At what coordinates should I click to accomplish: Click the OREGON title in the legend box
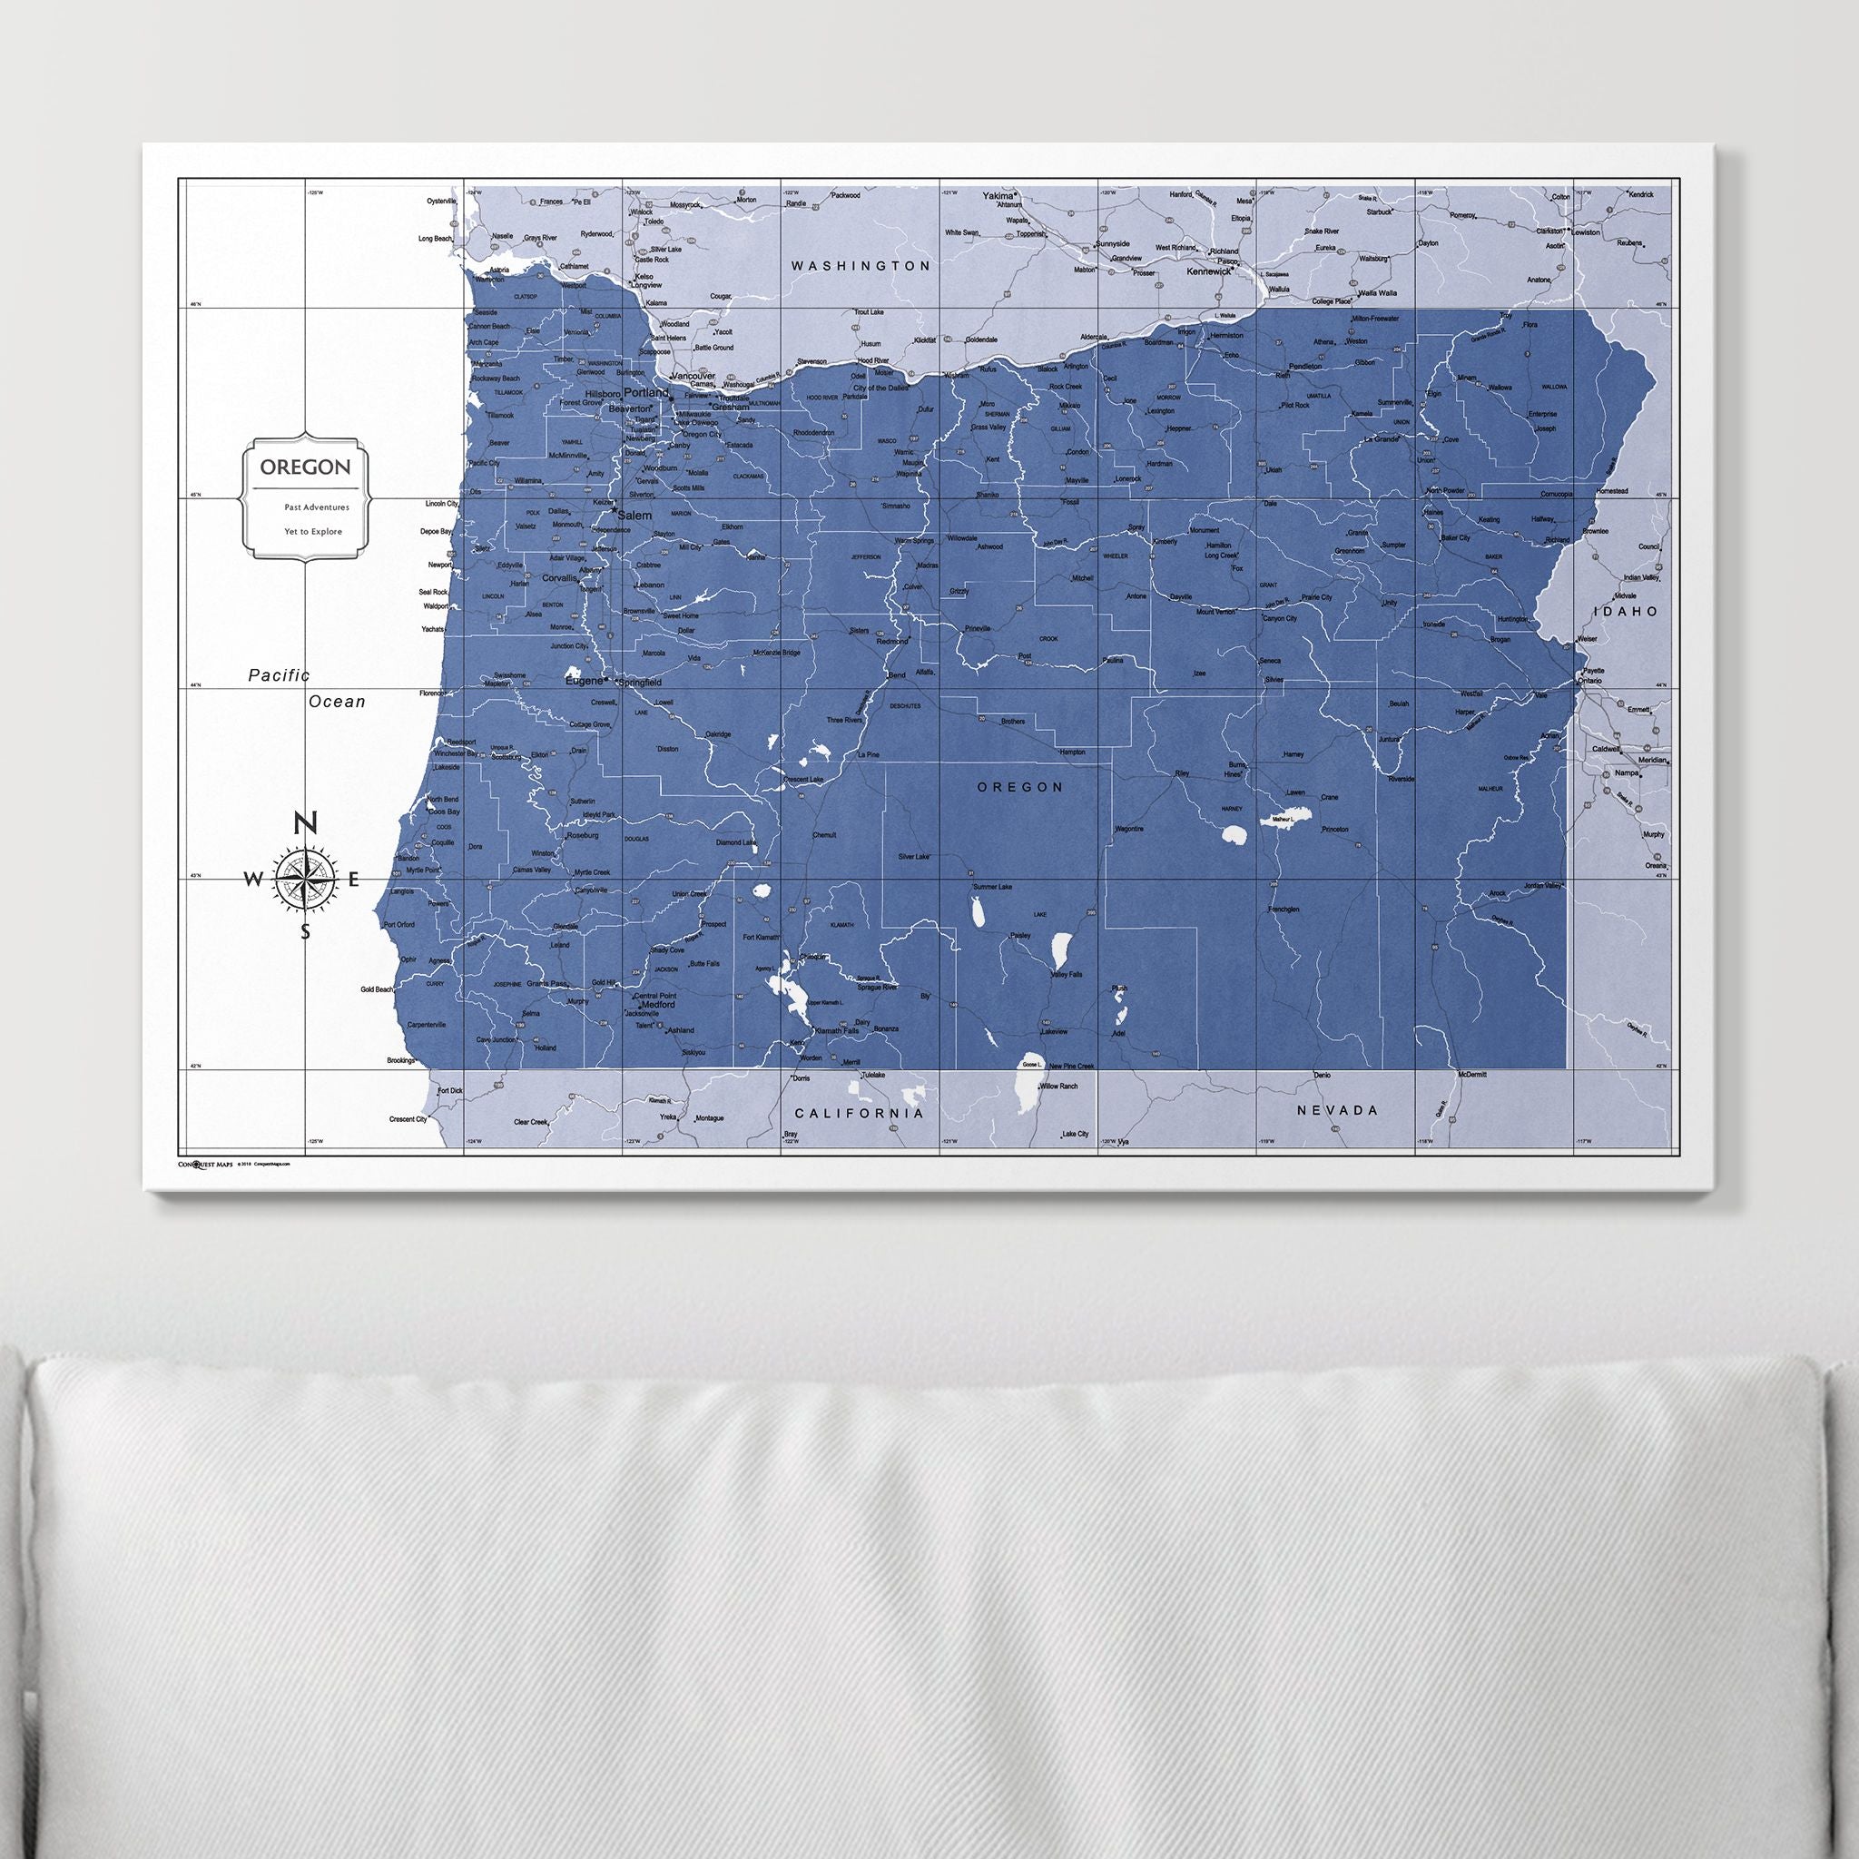(305, 467)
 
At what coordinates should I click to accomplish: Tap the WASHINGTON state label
(861, 265)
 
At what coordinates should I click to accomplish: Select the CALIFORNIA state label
(860, 1113)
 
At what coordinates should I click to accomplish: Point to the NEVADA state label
(1337, 1109)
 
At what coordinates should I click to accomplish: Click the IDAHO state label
(1625, 611)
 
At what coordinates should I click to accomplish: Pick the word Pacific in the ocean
(279, 675)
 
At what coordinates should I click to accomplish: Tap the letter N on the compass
(305, 822)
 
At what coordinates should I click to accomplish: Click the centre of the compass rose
(306, 878)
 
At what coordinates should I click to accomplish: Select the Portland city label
(645, 394)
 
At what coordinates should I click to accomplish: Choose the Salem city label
(635, 516)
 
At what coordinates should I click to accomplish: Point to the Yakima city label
(998, 195)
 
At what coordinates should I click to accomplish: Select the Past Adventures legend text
(317, 507)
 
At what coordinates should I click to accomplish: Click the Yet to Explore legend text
(313, 531)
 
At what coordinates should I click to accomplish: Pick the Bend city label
(896, 674)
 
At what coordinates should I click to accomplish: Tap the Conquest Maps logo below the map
(206, 1164)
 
